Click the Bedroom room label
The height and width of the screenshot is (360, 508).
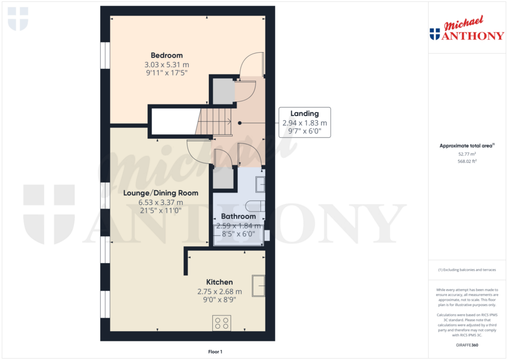click(x=167, y=55)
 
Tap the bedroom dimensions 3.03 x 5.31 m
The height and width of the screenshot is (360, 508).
click(x=167, y=65)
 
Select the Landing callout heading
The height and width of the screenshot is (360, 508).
click(x=304, y=114)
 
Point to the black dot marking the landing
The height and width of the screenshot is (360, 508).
click(x=240, y=123)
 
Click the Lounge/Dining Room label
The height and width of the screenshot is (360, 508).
click(x=161, y=193)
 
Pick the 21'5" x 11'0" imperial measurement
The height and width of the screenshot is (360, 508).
click(x=161, y=211)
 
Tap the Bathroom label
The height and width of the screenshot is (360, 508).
click(x=238, y=216)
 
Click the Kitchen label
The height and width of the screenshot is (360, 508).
click(x=219, y=282)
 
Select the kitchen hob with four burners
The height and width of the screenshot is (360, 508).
click(x=221, y=323)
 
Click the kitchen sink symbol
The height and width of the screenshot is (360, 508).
click(x=258, y=286)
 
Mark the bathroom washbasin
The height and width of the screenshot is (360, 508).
click(x=260, y=184)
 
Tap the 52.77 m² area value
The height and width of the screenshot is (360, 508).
click(x=467, y=154)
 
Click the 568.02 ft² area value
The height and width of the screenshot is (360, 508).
click(x=467, y=161)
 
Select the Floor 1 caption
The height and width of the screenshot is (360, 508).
click(x=215, y=352)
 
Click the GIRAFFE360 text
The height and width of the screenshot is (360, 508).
click(x=467, y=345)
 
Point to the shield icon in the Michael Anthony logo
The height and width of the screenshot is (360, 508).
click(x=435, y=34)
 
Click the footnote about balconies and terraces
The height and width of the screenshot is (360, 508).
click(x=467, y=270)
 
